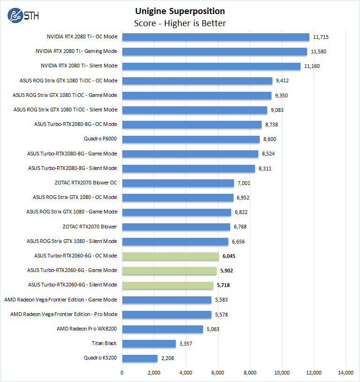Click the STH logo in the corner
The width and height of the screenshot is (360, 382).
23,15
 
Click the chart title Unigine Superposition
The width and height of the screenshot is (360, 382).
180,11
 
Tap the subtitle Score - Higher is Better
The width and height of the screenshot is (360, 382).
180,23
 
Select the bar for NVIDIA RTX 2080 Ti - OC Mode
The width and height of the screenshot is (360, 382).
216,37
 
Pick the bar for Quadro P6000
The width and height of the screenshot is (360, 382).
191,139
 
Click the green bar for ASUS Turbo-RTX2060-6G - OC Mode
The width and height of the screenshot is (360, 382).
170,256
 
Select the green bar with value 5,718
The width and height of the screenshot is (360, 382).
168,285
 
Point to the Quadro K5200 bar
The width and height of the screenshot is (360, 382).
140,359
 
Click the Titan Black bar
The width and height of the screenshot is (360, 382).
149,344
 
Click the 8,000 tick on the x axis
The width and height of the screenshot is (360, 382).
250,373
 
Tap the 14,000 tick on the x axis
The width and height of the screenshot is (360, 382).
345,373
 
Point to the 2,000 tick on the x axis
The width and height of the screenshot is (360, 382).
154,373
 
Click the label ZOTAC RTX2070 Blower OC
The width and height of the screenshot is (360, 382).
86,183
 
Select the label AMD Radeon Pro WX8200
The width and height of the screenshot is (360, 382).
87,329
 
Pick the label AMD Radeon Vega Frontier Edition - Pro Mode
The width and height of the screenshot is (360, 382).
64,315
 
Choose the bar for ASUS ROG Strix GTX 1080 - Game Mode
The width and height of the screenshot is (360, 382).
176,212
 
